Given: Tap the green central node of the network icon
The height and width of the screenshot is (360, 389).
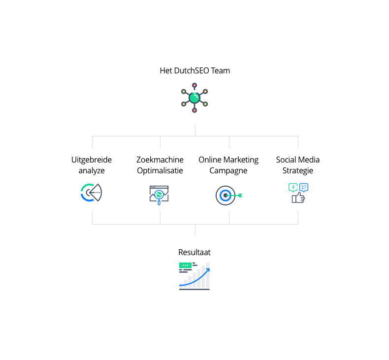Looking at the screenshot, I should pos(194,98).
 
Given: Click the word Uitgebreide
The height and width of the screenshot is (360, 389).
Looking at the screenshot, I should pos(92,160).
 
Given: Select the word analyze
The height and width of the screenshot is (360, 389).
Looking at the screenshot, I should pos(92,171).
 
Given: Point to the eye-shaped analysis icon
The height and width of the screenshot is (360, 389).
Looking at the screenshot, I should pos(91,193).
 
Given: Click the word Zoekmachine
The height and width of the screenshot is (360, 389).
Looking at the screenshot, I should pos(160,160).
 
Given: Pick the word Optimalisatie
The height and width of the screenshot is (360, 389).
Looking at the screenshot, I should pos(160,171).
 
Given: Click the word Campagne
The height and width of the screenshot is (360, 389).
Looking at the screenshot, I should pos(228,171).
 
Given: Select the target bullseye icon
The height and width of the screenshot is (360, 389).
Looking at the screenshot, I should pos(225,195).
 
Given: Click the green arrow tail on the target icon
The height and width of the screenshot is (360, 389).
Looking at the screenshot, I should pos(240,196).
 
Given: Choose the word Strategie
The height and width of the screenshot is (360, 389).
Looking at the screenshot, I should pos(298,171).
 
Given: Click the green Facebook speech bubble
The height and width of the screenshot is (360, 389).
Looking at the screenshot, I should pos(293,187).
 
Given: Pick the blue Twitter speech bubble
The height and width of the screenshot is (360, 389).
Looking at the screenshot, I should pos(304,187).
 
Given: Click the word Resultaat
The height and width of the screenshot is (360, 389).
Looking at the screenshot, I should pos(194,252).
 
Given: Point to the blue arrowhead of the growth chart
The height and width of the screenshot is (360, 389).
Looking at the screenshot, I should pos(207,269).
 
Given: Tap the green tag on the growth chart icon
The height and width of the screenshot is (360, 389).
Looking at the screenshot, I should pos(185,265).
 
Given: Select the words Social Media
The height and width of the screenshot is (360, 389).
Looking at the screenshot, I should pos(298,160).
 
